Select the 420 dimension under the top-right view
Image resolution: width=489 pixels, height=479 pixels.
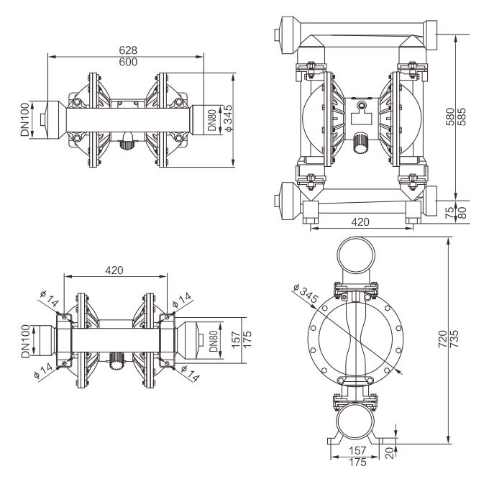(x=362, y=222)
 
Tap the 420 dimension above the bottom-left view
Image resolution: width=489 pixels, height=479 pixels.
(x=114, y=270)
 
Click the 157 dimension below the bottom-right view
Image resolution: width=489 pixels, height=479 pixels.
(x=356, y=450)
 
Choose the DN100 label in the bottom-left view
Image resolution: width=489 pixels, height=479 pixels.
(x=25, y=341)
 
